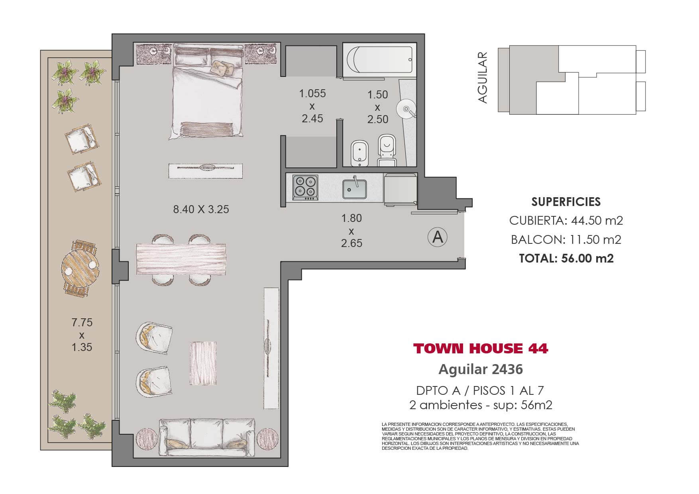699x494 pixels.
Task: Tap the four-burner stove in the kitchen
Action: tap(305, 188)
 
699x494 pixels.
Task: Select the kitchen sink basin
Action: tap(355, 189)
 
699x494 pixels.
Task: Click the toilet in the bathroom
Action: tap(387, 151)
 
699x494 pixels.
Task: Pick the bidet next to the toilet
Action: tap(360, 153)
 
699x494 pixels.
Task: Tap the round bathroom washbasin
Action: tap(406, 108)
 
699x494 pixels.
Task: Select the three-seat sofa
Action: tap(207, 437)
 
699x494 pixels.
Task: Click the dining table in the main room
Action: tap(181, 259)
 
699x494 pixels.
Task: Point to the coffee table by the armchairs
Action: tap(203, 363)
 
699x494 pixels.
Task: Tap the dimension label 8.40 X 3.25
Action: tap(201, 210)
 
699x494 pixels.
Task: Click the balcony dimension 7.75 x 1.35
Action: tap(82, 334)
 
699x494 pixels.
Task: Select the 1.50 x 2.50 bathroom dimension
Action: tap(377, 107)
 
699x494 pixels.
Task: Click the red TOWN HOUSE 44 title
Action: tap(481, 349)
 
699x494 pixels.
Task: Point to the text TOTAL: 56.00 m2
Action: tap(566, 258)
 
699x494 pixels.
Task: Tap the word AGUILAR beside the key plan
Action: tap(483, 78)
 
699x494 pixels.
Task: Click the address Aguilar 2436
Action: tap(481, 370)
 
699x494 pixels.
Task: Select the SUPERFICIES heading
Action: tap(566, 202)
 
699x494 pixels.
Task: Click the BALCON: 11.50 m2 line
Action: tap(566, 239)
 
